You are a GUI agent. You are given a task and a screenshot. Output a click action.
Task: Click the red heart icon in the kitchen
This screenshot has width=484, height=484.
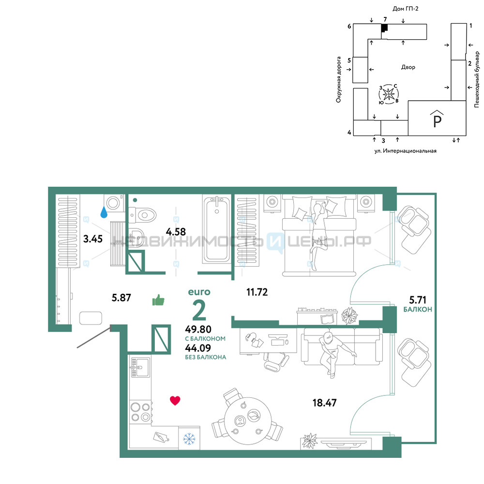tap(175, 401)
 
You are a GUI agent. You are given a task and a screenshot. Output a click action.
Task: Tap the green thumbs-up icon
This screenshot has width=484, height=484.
tap(158, 300)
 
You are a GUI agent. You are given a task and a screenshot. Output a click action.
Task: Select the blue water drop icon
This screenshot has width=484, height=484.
tap(104, 212)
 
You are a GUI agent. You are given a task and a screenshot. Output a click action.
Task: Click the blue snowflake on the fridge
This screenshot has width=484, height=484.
tap(189, 439)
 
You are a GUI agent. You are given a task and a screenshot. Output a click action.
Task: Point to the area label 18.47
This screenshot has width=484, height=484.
tap(324, 403)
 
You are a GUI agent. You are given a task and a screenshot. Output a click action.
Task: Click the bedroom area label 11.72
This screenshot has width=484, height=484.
tap(257, 292)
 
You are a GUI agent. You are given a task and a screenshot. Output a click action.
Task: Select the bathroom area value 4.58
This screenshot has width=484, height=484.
tap(176, 231)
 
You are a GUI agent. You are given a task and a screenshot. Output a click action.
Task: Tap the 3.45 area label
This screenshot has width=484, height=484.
tap(93, 239)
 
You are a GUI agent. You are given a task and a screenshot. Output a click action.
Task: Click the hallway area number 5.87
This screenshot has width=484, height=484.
tap(121, 298)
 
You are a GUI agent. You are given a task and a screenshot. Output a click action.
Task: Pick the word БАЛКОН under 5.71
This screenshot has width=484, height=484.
tap(418, 309)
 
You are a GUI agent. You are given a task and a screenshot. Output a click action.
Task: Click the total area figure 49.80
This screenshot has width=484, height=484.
tap(198, 329)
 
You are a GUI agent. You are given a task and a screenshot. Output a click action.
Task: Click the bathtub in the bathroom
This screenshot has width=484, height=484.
tap(217, 229)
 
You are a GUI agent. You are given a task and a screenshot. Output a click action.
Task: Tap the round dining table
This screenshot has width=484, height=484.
tap(248, 421)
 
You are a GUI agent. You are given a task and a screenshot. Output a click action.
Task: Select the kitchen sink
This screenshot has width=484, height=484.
tap(140, 367)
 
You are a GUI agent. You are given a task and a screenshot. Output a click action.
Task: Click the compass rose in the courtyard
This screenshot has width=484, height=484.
tap(389, 94)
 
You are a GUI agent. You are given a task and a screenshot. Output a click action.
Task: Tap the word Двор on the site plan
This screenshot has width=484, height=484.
tap(408, 67)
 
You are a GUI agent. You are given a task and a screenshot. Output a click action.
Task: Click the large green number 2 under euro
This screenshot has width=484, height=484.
tap(199, 310)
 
